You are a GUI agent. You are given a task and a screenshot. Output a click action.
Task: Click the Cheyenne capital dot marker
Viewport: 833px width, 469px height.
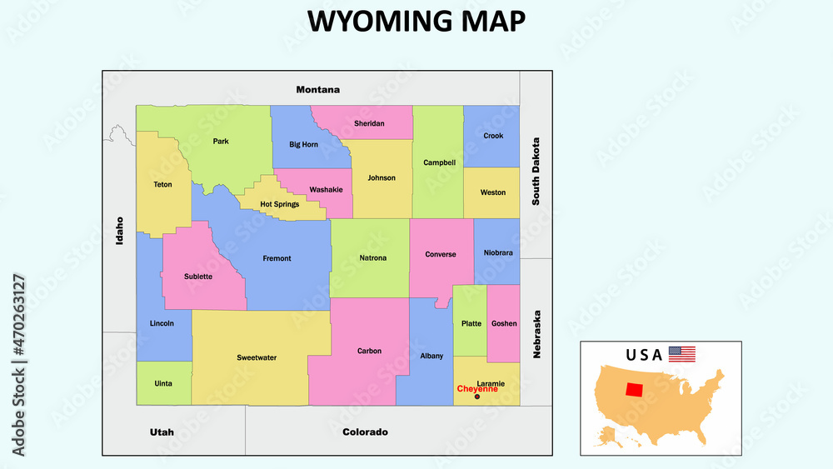(476, 397)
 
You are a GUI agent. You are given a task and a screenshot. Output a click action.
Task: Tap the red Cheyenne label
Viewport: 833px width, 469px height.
(477, 389)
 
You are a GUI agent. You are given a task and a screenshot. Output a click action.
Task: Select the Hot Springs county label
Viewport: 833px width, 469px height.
(279, 204)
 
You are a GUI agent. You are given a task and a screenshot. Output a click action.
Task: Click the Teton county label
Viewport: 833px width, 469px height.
(162, 184)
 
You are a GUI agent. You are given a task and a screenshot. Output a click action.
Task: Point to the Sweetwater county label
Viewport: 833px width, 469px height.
(257, 357)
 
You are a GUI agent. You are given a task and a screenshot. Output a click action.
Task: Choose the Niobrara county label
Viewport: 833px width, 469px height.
(498, 252)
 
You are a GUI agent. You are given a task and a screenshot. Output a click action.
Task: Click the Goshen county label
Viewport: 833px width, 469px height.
(504, 323)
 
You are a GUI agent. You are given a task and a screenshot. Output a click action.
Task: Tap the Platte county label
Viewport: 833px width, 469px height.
(471, 323)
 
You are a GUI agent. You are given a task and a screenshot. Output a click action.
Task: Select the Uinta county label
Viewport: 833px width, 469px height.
(163, 383)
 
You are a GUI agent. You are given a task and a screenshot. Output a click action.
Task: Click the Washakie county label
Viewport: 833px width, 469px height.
(326, 189)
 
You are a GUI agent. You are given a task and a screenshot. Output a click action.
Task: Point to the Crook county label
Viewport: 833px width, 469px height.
(493, 136)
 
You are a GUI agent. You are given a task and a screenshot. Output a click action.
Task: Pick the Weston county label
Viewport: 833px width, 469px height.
(492, 192)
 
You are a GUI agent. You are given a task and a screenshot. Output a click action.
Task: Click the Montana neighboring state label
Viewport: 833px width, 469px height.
(318, 89)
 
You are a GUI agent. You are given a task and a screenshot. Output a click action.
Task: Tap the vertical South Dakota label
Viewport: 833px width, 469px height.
(536, 172)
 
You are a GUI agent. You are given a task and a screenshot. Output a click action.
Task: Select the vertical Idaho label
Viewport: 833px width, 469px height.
(120, 230)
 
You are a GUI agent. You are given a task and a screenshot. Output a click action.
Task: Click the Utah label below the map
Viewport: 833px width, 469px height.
(162, 432)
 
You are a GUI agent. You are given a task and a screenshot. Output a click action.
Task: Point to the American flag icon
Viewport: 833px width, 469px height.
(681, 354)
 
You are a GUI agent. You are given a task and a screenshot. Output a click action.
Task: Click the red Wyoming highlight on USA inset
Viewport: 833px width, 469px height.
(635, 390)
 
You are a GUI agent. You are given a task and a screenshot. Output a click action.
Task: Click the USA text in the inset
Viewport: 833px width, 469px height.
(644, 355)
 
